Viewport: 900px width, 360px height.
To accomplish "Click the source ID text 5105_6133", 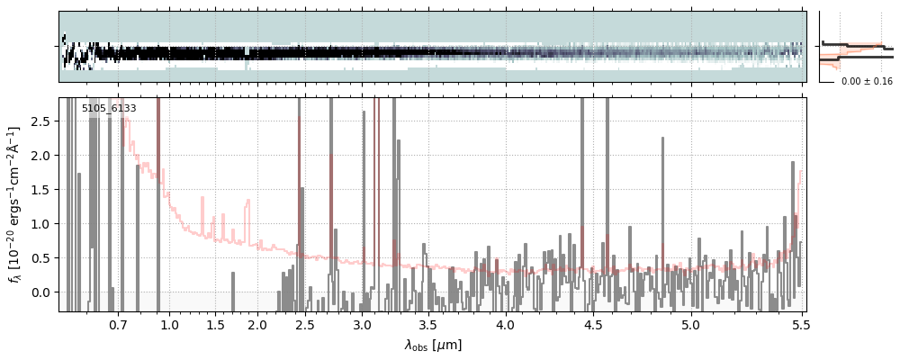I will (109, 109).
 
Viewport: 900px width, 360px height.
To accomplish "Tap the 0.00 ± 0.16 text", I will (867, 82).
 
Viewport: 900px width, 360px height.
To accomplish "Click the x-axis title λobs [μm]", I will (433, 345).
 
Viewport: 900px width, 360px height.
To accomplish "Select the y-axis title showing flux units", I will (14, 205).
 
